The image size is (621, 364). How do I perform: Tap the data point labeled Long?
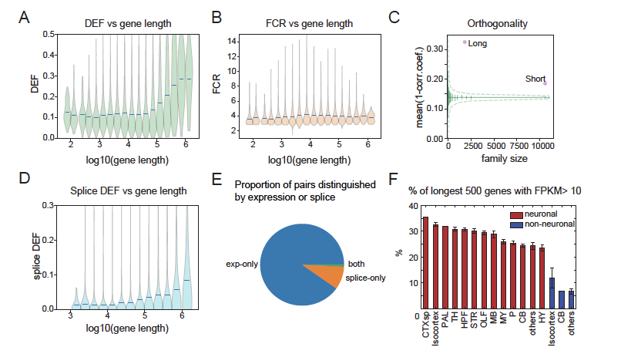[465, 43]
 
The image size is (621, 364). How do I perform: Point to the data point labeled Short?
[545, 83]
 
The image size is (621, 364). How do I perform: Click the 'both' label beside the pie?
[357, 264]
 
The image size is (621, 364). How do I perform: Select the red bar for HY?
[542, 281]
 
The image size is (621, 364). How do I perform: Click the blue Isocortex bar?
[552, 296]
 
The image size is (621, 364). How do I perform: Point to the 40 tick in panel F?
[413, 207]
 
